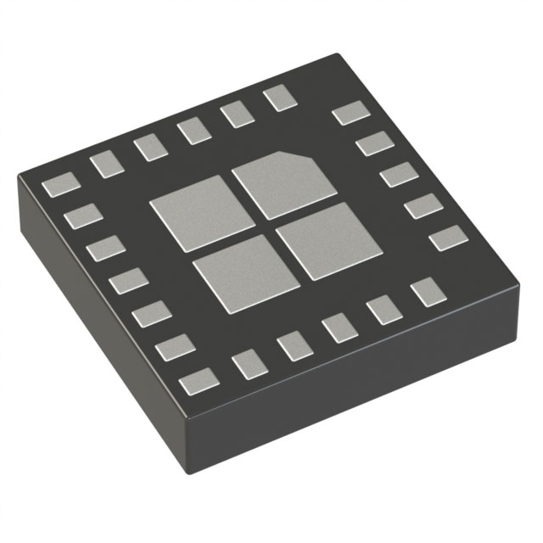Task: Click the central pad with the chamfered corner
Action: pos(271,183)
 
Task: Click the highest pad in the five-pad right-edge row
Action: pos(350,113)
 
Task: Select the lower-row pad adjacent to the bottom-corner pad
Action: pos(249,364)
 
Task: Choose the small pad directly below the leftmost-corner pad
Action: pos(82,217)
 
